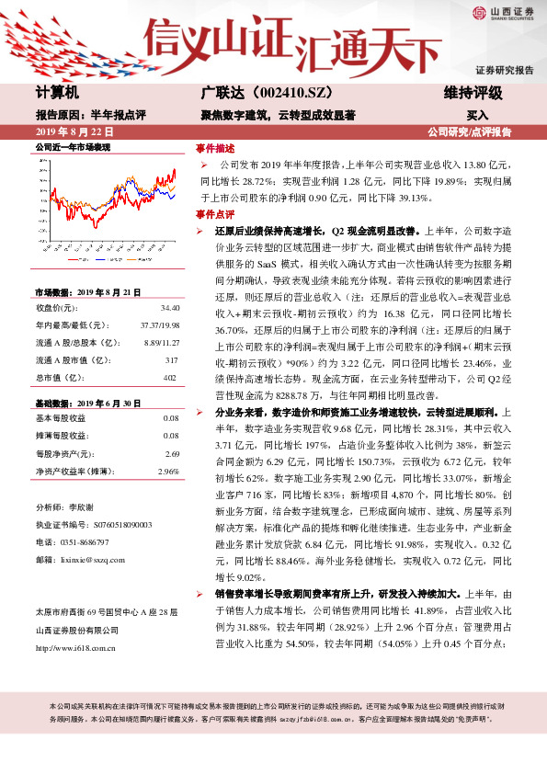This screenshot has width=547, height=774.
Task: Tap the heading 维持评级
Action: [x=473, y=93]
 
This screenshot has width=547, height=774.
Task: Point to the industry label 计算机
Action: [x=58, y=93]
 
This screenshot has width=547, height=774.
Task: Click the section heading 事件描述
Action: [x=216, y=147]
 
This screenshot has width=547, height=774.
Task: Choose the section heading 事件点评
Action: [x=216, y=213]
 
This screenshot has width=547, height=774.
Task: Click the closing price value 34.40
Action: [x=169, y=308]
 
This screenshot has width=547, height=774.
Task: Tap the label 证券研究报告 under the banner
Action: [x=504, y=70]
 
